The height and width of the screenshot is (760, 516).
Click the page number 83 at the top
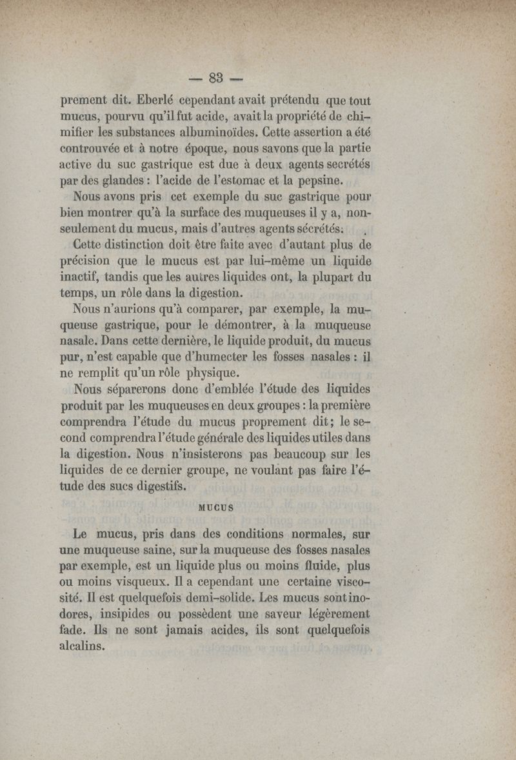[215, 79]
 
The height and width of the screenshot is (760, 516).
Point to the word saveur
[266, 615]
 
